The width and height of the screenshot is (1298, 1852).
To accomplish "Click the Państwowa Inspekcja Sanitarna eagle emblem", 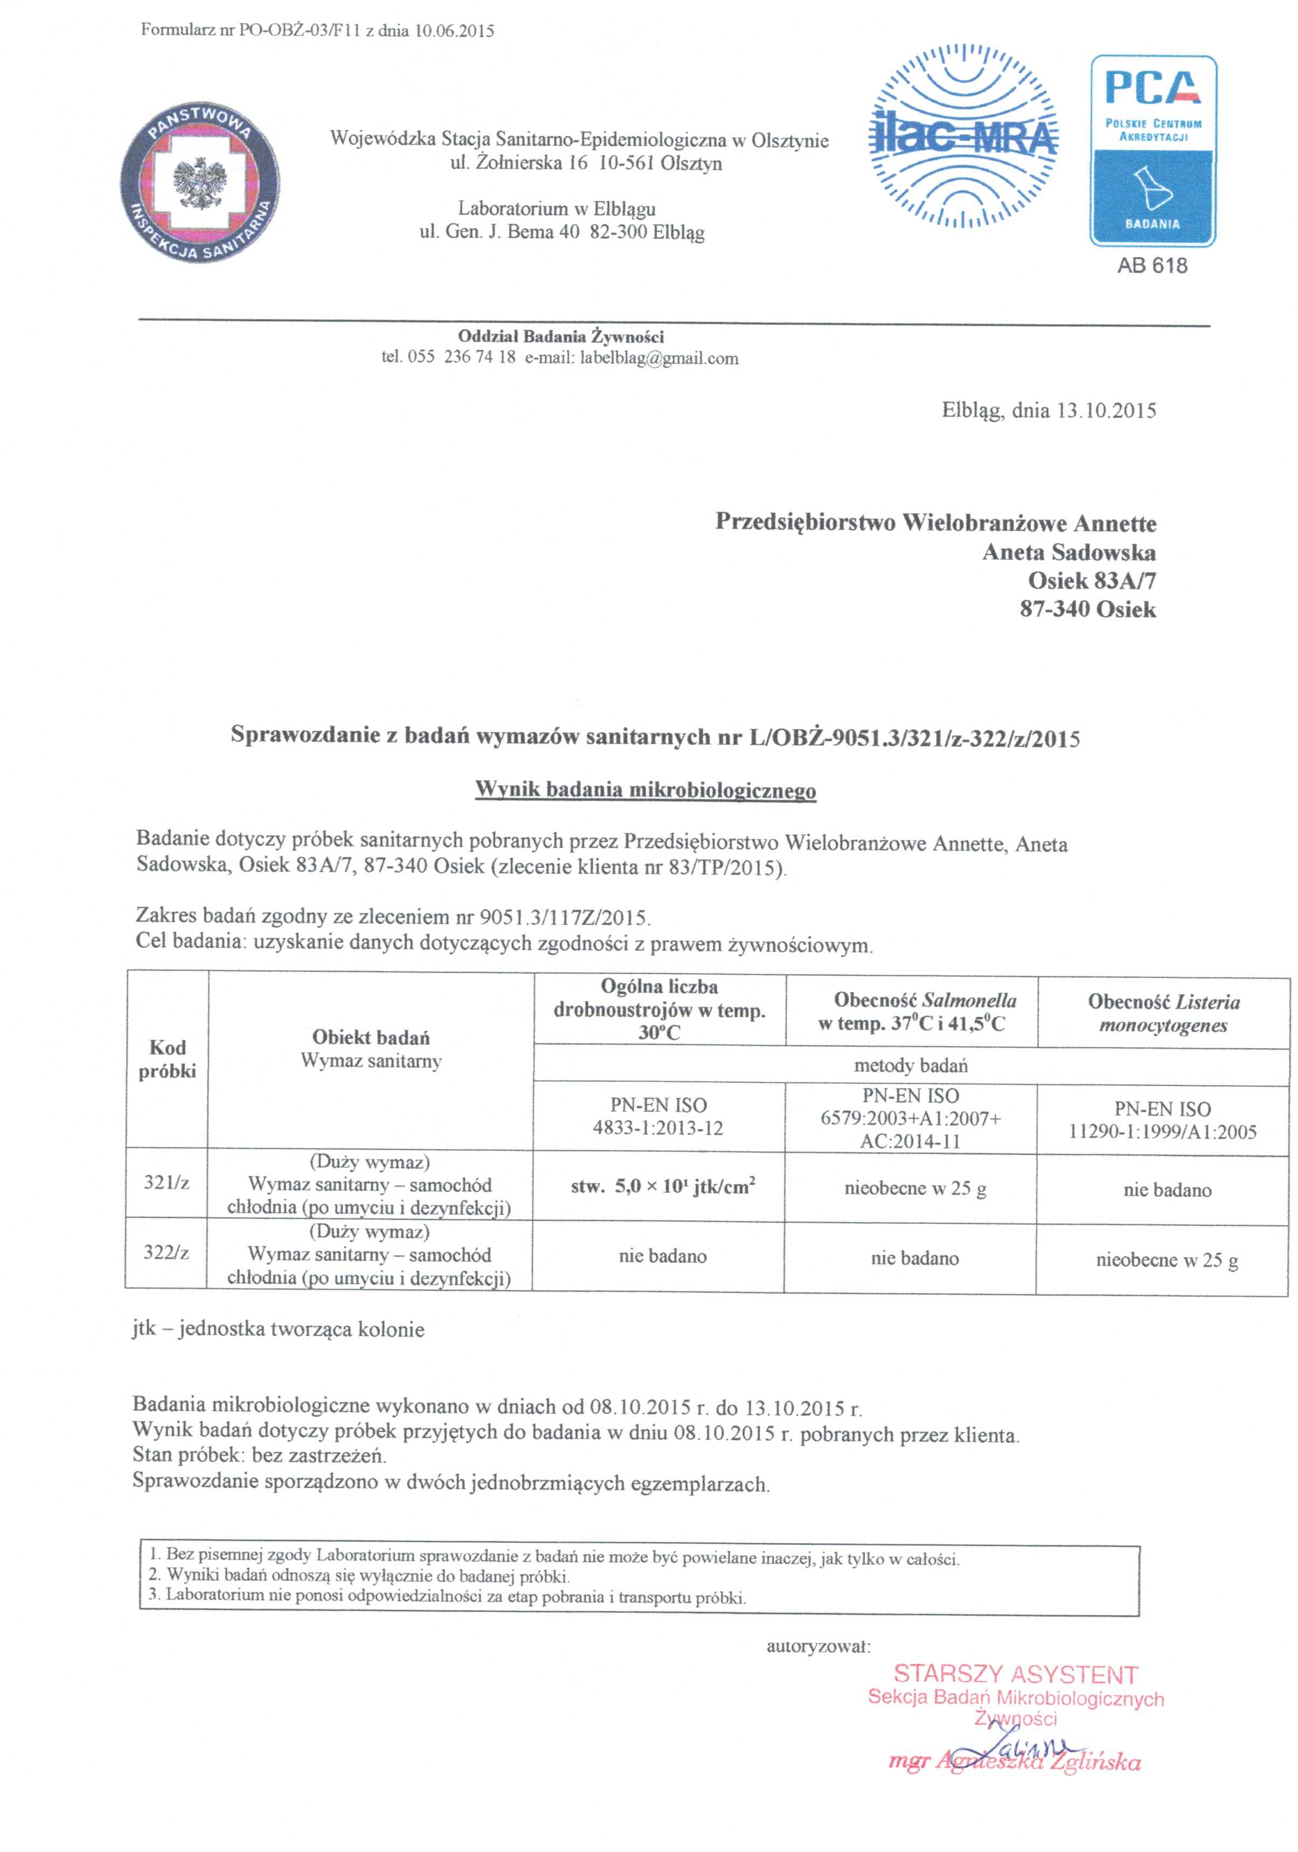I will click(199, 182).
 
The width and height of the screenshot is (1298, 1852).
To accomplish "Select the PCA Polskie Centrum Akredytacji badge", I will click(1153, 151).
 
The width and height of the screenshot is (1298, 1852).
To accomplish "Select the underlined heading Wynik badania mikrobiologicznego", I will click(645, 790).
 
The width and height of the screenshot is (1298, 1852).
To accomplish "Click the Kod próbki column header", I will click(167, 1058).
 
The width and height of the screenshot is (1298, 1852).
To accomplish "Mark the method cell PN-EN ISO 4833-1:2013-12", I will click(658, 1116).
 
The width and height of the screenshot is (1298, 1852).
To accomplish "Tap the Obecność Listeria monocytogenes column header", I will click(1163, 1013).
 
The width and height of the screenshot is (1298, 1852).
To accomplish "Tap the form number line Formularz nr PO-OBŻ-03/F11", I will click(317, 31).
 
